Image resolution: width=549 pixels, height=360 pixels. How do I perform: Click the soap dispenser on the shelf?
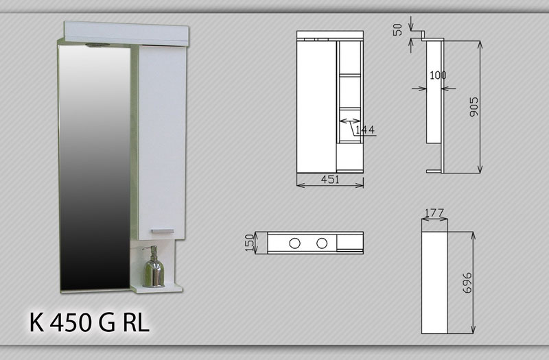tap(153, 267)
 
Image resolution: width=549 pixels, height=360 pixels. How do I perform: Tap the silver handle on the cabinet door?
tap(163, 231)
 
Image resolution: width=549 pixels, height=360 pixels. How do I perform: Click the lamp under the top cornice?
tap(97, 45)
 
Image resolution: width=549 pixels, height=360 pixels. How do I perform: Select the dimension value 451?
tap(330, 180)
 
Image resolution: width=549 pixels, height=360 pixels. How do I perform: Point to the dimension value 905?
tap(474, 107)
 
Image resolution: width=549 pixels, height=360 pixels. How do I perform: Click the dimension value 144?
tap(365, 130)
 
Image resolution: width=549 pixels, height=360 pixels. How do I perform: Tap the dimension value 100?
tap(438, 75)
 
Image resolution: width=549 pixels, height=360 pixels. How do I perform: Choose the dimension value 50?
tap(397, 30)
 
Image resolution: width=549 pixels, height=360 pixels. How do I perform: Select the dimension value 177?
tap(434, 213)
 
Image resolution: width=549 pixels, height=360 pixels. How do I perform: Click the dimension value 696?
tap(467, 283)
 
